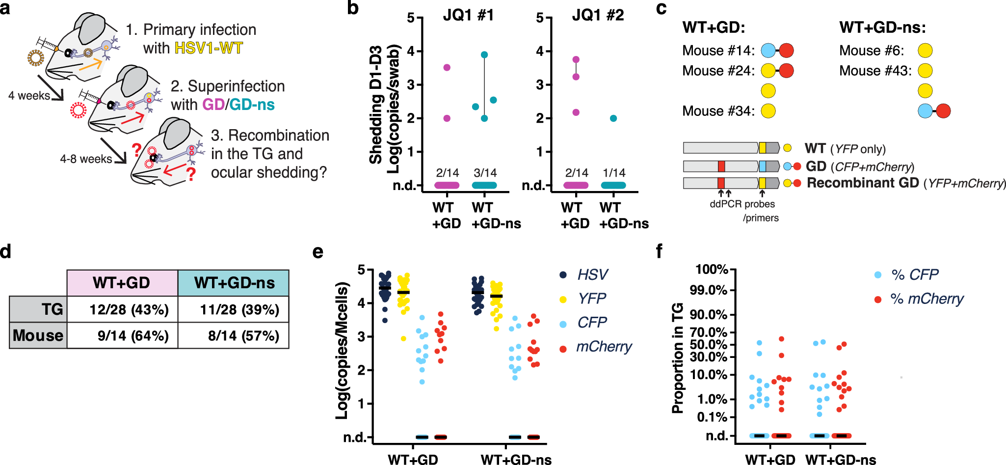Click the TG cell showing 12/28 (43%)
(x=129, y=310)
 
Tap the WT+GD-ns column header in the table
(x=234, y=283)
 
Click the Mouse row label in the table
(x=38, y=336)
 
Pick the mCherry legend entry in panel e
(x=604, y=347)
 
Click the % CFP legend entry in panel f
(x=914, y=275)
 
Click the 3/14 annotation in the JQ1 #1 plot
(x=485, y=173)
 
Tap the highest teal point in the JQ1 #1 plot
(x=484, y=55)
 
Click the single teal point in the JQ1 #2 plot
(x=613, y=118)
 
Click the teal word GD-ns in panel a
(x=252, y=105)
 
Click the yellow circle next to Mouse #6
(x=925, y=51)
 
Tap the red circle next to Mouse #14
(x=786, y=51)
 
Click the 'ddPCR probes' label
(x=742, y=204)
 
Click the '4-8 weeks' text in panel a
(x=86, y=159)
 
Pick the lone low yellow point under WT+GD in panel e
(x=403, y=339)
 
